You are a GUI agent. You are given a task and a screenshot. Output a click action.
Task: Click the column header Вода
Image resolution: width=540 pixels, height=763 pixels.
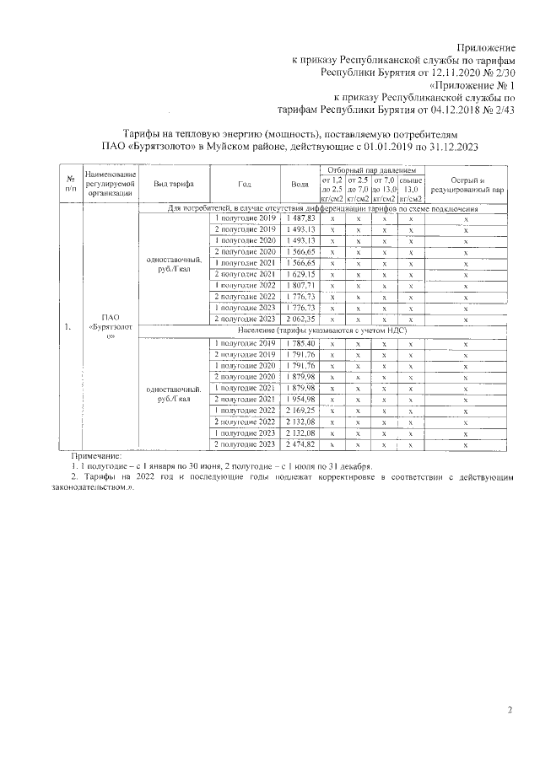[x=300, y=184]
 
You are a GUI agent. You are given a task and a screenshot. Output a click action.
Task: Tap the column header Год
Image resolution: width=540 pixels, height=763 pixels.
[x=245, y=184]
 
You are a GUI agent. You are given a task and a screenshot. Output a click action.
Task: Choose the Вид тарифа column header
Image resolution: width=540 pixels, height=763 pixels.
[x=174, y=184]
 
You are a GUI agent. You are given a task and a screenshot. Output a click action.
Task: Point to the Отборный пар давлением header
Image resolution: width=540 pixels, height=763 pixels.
[x=372, y=171]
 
